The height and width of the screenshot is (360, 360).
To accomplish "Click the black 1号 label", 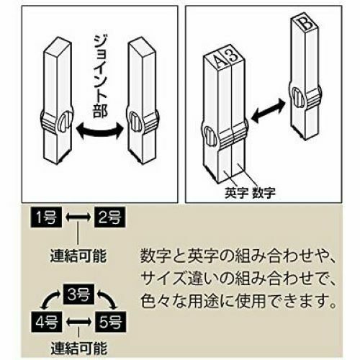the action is coord(45,217).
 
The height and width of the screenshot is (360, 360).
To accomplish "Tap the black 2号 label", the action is coord(110,217).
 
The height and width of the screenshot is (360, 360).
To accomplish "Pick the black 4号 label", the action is coord(46,322).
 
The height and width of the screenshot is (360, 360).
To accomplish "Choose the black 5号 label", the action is coord(111,322).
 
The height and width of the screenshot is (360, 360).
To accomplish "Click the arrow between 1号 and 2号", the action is coord(78,217).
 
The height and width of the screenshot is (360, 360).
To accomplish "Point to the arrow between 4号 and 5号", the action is coord(78,322).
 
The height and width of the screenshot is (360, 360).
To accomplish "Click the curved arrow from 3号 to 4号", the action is coord(49,298).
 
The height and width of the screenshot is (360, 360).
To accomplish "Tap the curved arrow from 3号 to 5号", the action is coord(108,298).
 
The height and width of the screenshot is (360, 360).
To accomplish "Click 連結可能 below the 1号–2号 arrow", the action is coord(78,256).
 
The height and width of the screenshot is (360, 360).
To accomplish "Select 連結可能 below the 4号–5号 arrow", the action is coord(78,348).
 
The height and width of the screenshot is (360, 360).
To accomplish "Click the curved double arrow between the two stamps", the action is coord(99,132).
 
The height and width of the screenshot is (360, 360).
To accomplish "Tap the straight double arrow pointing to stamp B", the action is coord(268,109).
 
